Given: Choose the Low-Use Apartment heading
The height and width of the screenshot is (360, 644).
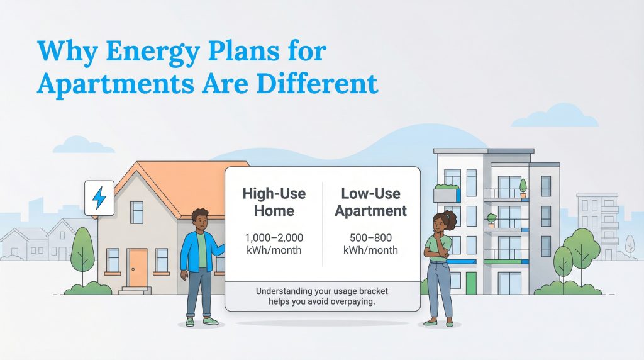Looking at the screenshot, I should pyautogui.click(x=370, y=201).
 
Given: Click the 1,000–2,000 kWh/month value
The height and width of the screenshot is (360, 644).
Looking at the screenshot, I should pyautogui.click(x=274, y=244).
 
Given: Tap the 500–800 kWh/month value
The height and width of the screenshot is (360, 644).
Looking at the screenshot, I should pyautogui.click(x=370, y=244).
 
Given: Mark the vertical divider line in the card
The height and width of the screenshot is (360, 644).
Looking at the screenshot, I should pyautogui.click(x=323, y=223).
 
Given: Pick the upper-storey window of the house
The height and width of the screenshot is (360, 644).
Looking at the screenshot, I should pyautogui.click(x=137, y=213).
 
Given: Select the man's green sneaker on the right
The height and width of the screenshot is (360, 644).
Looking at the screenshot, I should pyautogui.click(x=211, y=321).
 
